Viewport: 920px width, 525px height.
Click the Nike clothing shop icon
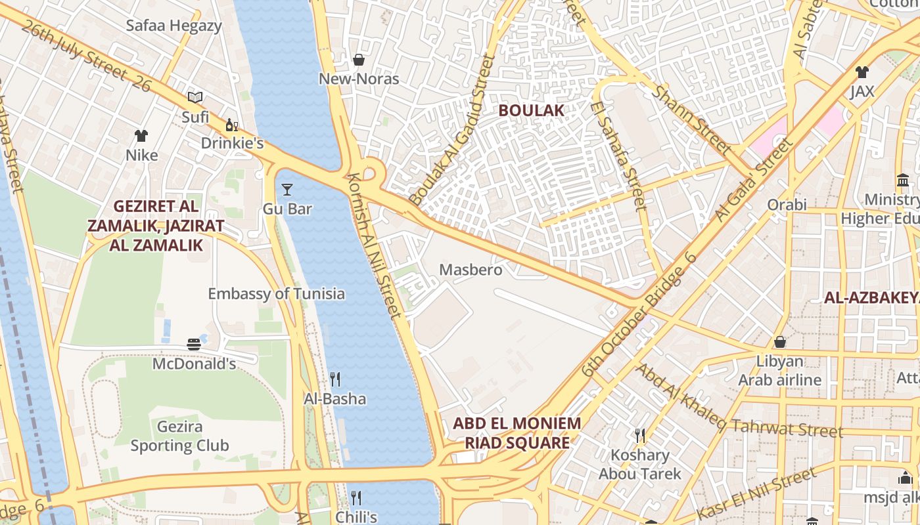coord(141,136)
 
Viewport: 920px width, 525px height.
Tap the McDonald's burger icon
coord(194,344)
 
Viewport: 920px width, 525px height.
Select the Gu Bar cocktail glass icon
coord(287,190)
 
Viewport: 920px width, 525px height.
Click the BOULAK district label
coord(531,110)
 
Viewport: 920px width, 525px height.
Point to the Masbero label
coord(471,270)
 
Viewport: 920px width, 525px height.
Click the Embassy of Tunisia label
coord(276,293)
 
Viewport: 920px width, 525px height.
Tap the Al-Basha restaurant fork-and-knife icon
coord(335,379)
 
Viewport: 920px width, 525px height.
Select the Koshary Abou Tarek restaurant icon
coord(639,435)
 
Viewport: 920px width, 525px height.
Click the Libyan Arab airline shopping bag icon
coord(779,342)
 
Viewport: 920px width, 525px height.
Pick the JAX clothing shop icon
coord(862,72)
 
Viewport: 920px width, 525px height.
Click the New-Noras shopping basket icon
coord(359,60)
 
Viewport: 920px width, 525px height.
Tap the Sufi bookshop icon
coord(195,98)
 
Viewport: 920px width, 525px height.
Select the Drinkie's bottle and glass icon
coord(231,125)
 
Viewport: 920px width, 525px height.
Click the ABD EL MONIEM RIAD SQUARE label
coord(517,432)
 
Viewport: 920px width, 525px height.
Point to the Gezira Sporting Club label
coord(179,436)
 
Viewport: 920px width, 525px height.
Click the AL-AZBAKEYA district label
coord(871,298)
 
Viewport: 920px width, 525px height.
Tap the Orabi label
coord(787,205)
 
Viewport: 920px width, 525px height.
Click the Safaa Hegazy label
coord(173,26)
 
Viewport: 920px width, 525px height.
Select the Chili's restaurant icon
coord(356,497)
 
